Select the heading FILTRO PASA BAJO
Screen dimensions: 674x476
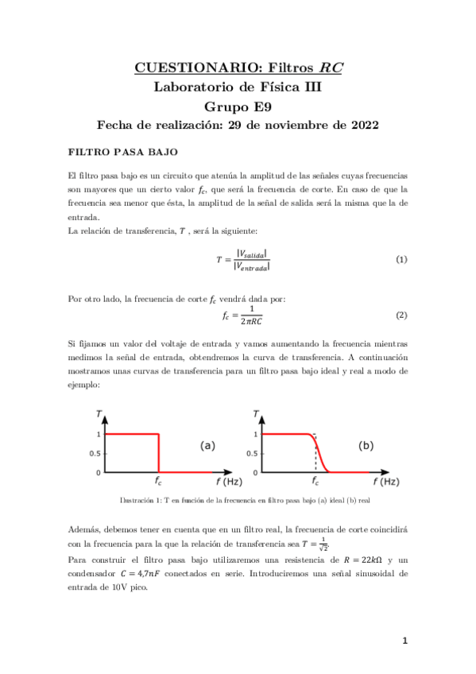pos(123,151)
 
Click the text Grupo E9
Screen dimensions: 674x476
pos(238,107)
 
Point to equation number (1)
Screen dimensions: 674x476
pos(401,260)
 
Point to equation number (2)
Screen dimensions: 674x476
pos(401,315)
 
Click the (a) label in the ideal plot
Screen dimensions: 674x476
pos(207,446)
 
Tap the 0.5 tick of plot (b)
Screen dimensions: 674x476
pos(252,453)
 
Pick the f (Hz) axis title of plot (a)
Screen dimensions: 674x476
pos(228,482)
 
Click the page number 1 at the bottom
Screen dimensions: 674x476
pos(404,641)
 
